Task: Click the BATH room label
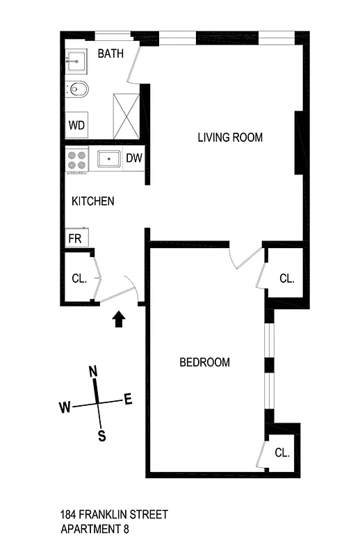coord(111,54)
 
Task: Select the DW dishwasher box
coord(134,158)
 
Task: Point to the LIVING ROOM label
coord(230,138)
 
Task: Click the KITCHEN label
coord(93,202)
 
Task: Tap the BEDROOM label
coord(204,362)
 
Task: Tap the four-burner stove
coord(76,161)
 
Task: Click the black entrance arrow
coord(119,318)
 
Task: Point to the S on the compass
coord(101,436)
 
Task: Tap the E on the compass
coord(127,399)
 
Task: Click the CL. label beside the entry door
coord(79,279)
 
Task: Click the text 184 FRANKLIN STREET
coord(114,515)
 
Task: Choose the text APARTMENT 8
coord(94,529)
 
